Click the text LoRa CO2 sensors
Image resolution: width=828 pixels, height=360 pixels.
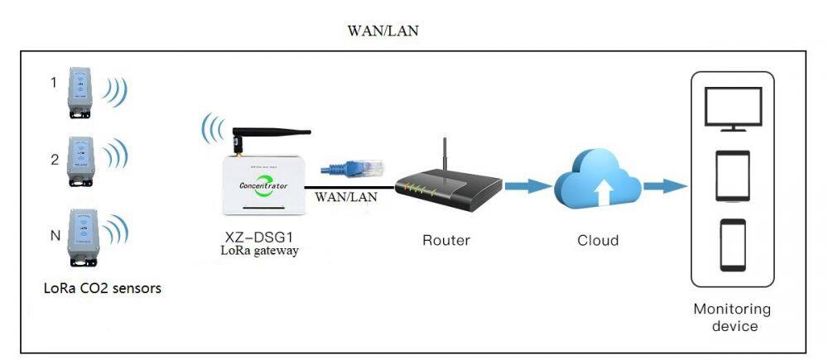point(103,289)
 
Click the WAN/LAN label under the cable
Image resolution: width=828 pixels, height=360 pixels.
point(346,197)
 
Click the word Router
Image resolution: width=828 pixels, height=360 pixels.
point(446,241)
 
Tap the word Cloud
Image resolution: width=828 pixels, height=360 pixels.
point(598,241)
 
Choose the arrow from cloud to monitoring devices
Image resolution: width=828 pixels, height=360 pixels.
point(664,185)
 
